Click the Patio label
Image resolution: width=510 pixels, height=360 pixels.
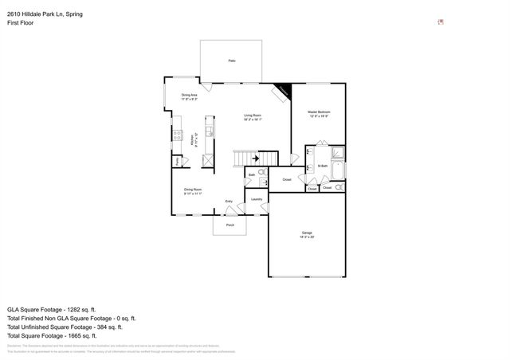232,61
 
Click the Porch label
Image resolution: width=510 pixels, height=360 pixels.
230,225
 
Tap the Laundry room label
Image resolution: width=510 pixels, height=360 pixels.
257,199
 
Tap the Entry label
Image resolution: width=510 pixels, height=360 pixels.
229,202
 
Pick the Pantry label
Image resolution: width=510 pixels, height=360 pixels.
176,162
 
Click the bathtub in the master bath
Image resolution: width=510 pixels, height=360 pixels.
337,170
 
